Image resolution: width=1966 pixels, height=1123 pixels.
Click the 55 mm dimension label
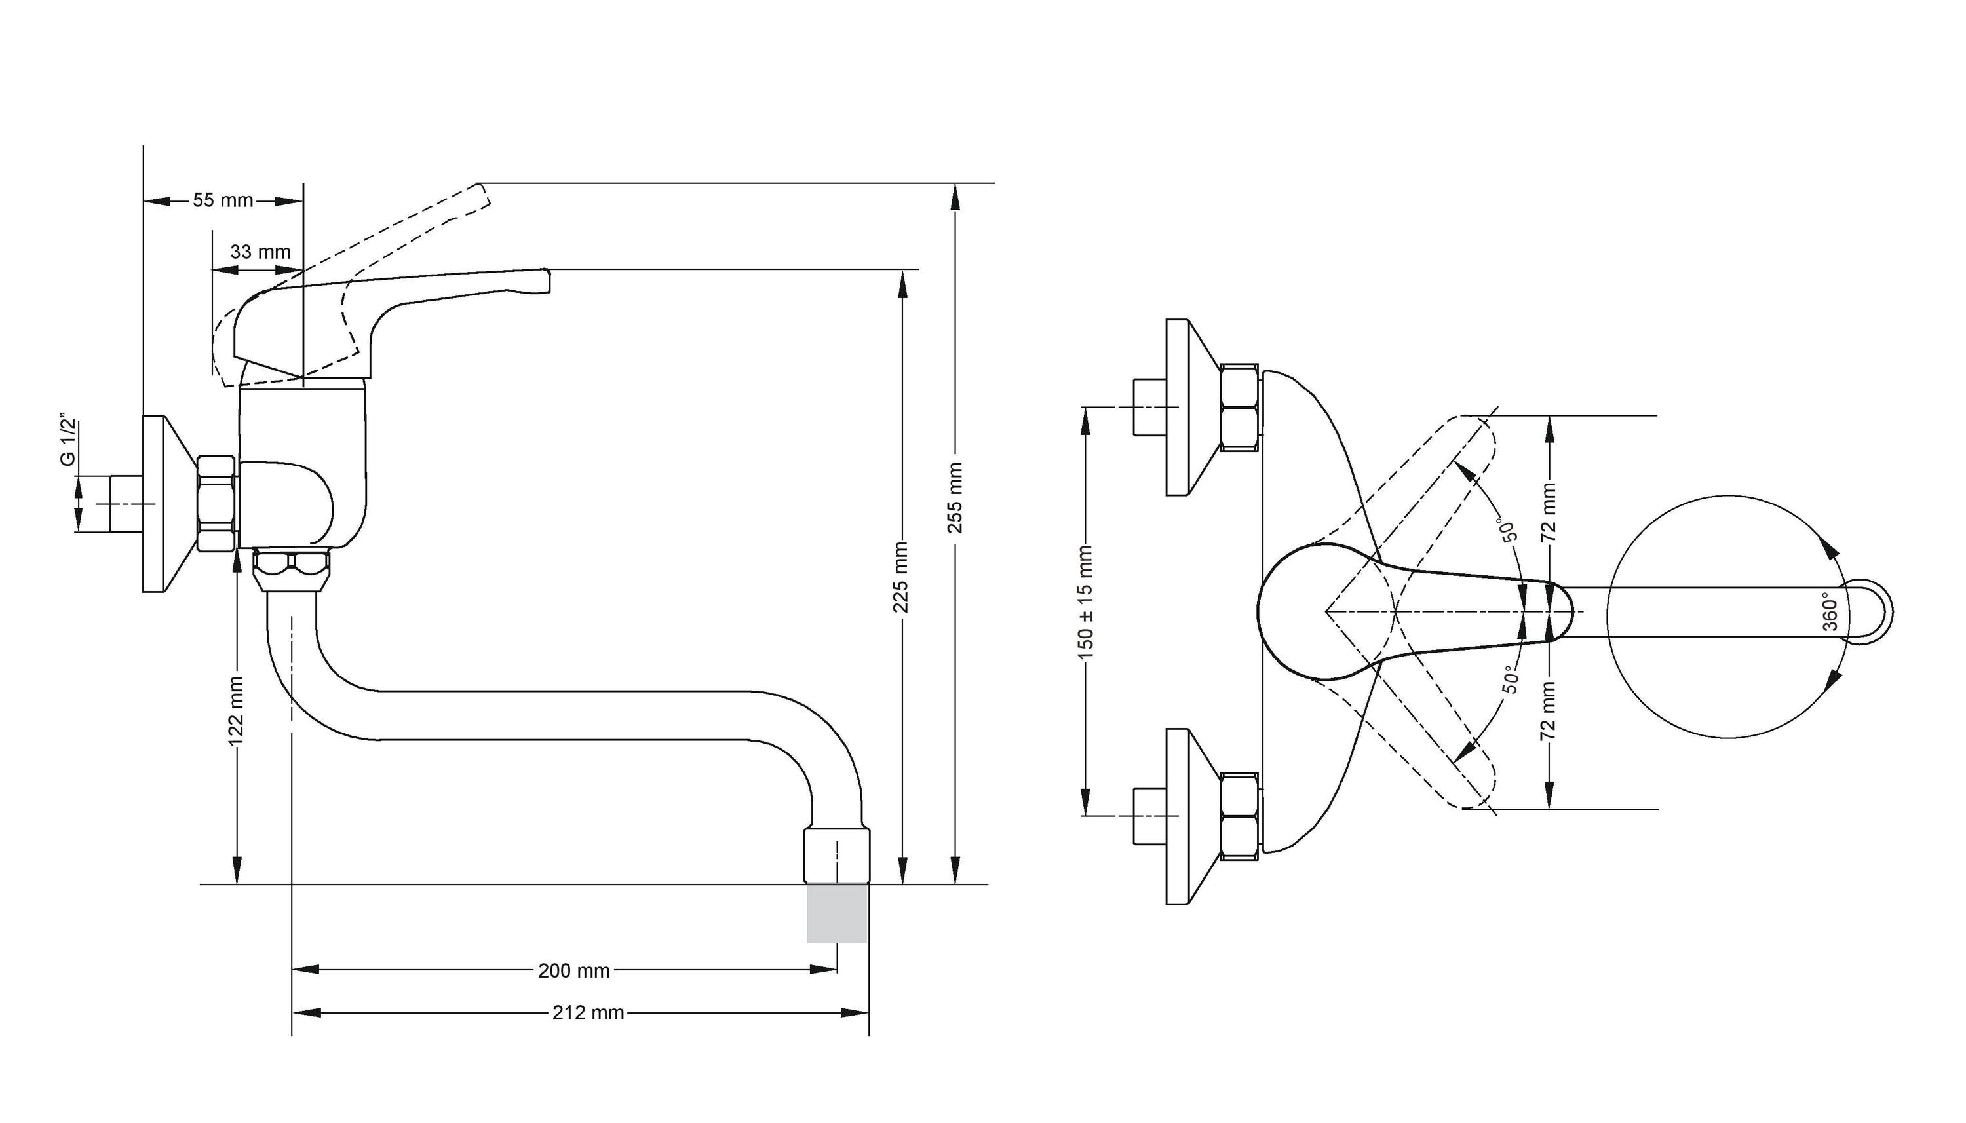pos(223,200)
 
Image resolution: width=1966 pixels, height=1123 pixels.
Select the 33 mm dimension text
pos(261,252)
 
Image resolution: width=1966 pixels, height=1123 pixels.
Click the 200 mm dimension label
pos(574,971)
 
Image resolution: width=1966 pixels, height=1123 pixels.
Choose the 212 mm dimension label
pos(588,1013)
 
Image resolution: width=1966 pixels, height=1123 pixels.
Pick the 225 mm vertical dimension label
pos(900,578)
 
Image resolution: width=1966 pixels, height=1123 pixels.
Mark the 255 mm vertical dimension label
pos(955,497)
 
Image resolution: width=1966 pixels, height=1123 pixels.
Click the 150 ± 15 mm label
pos(1086,602)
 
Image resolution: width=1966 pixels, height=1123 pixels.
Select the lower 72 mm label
pos(1548,710)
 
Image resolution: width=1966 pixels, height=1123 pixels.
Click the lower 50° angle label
pos(1510,679)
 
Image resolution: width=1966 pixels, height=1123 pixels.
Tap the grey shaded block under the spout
pos(838,914)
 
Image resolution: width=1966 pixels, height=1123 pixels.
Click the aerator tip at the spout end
pos(838,856)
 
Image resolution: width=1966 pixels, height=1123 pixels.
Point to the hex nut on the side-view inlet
pos(216,504)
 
